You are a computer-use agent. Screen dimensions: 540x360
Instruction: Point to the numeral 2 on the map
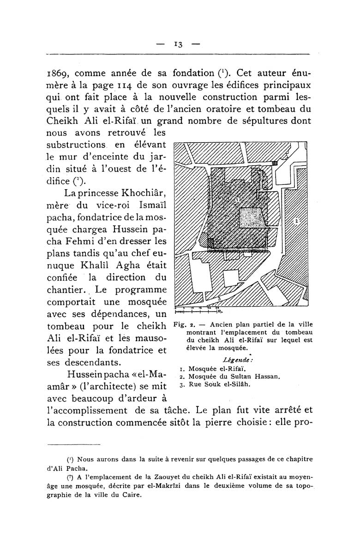click(x=296, y=222)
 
